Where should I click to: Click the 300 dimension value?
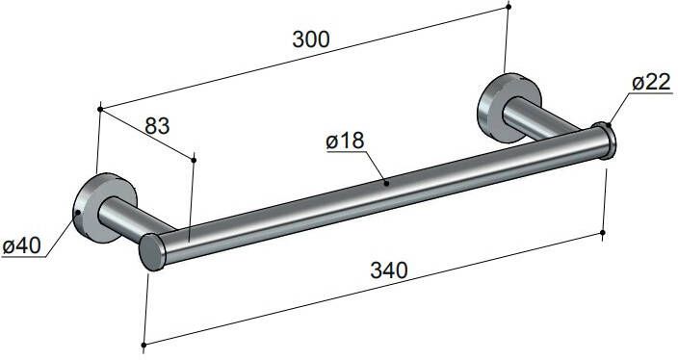309,39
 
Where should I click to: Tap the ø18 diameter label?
345,141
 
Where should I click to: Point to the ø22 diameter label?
651,84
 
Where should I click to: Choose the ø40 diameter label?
21,245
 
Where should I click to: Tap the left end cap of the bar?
151,252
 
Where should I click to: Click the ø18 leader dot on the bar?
386,180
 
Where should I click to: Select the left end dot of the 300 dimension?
100,109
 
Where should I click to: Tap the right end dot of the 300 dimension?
508,7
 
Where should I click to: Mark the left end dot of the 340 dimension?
143,344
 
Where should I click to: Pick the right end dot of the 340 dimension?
603,232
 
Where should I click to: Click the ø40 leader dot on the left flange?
76,211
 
